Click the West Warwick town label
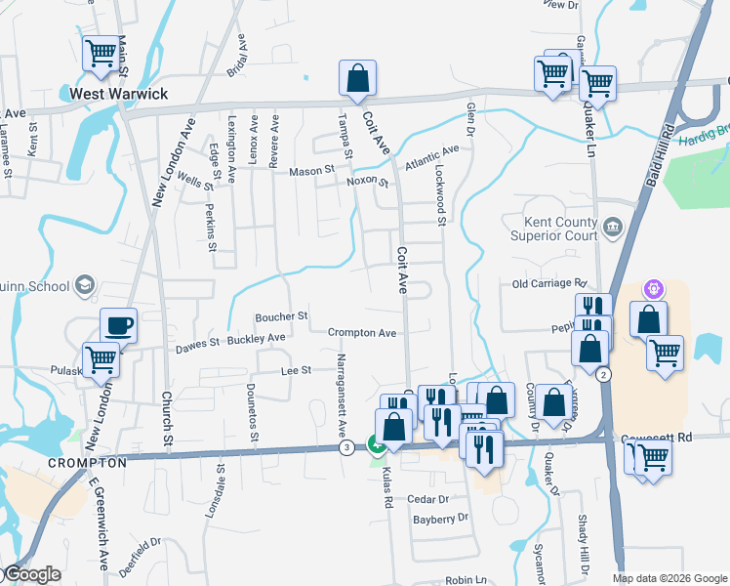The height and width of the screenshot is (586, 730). click(x=118, y=95)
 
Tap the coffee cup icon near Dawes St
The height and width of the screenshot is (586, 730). click(x=118, y=325)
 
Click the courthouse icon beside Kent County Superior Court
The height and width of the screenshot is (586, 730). click(x=612, y=230)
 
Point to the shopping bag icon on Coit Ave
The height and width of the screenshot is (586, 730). click(x=358, y=78)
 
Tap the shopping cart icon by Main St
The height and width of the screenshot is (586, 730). click(x=101, y=54)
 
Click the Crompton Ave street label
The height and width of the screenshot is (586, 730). click(x=362, y=333)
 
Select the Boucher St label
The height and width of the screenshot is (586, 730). click(x=281, y=316)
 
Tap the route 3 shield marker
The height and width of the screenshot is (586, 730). click(x=346, y=447)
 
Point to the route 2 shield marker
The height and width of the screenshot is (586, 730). click(x=604, y=375)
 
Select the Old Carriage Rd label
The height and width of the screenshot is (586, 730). click(x=547, y=284)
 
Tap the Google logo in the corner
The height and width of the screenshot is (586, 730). click(x=31, y=575)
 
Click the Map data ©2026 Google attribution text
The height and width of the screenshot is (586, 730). click(x=669, y=578)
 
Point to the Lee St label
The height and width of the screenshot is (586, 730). click(x=296, y=370)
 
